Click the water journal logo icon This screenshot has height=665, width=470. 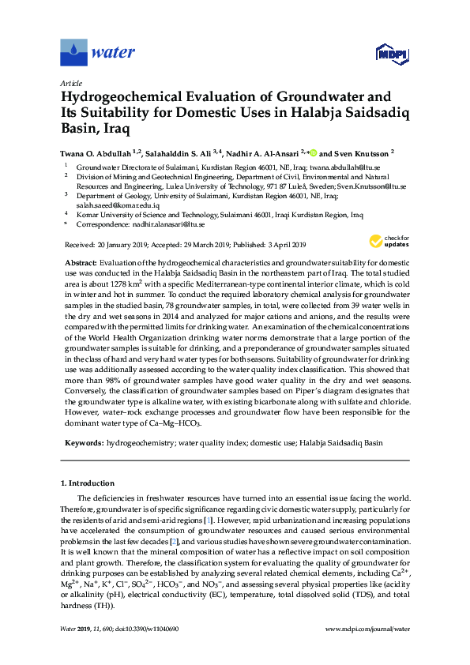click(x=73, y=52)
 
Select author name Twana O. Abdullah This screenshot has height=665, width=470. click(x=95, y=152)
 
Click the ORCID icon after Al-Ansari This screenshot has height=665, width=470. click(x=312, y=152)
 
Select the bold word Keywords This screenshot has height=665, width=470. click(x=81, y=443)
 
